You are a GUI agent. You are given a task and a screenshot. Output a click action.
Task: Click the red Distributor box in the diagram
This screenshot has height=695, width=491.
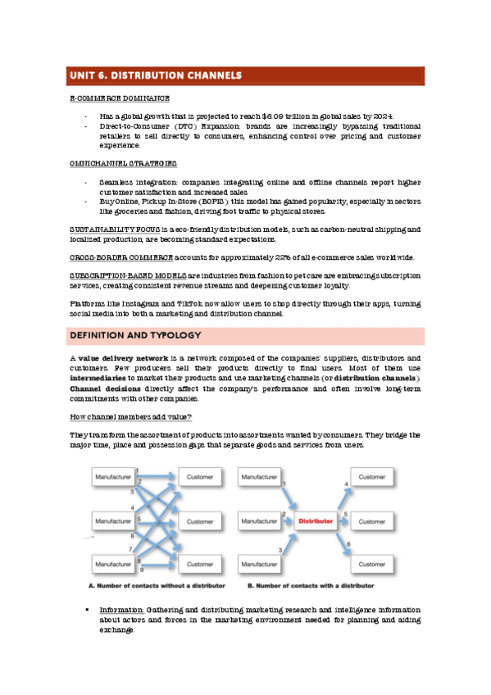coord(315,521)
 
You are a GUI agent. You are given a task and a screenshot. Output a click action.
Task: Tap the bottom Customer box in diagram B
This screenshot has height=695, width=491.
coord(371,565)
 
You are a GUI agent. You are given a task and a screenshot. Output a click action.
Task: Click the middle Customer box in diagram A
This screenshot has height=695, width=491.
coord(199,521)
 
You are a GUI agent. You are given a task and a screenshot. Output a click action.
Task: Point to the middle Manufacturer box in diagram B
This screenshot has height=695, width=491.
coord(257,521)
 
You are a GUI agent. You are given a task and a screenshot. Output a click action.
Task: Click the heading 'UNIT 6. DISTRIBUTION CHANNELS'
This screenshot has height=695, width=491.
coord(156,75)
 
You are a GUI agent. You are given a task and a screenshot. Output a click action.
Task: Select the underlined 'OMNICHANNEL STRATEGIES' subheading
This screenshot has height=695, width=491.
coord(110,163)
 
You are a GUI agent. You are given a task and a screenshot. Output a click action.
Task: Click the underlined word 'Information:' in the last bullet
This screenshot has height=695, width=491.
coord(122,611)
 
